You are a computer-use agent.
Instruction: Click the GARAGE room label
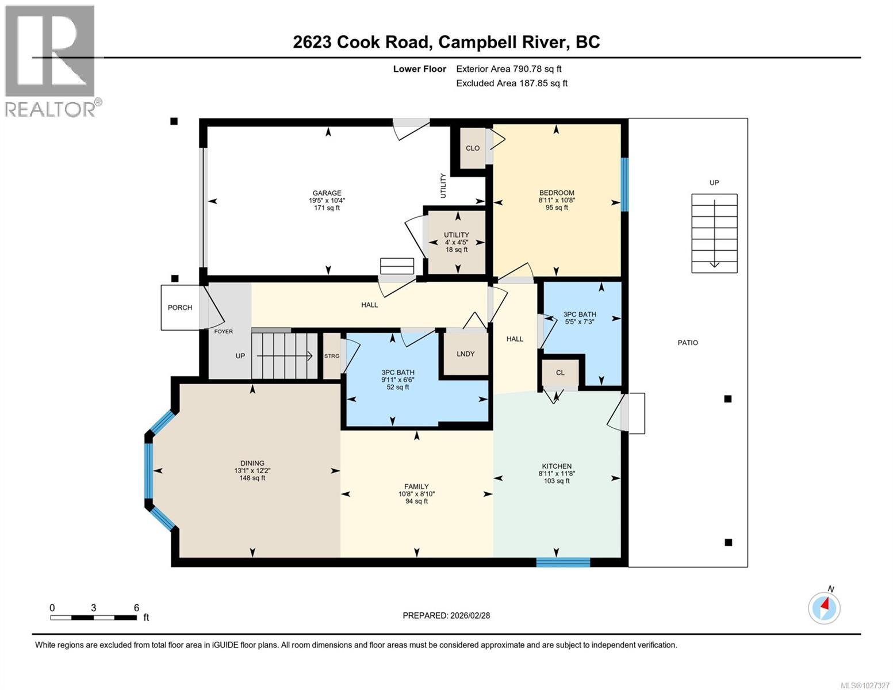(327, 193)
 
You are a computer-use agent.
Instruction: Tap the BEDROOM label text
(556, 193)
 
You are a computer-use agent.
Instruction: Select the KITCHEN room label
(556, 466)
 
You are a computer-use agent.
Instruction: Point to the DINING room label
(252, 463)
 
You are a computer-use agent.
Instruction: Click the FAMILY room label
(416, 486)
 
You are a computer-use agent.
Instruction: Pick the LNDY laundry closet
(465, 354)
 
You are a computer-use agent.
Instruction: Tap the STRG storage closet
(332, 356)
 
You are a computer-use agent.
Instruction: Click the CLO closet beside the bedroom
(472, 148)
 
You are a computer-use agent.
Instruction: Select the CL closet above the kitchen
(560, 373)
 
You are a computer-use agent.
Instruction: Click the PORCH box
(179, 308)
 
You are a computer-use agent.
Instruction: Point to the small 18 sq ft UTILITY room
(457, 241)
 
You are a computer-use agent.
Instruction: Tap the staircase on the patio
(714, 233)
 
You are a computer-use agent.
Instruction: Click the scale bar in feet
(93, 618)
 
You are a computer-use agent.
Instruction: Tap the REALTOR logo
(51, 60)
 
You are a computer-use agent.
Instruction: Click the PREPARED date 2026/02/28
(446, 615)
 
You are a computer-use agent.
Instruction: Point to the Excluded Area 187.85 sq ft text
(512, 83)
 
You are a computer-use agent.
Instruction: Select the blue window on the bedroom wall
(624, 185)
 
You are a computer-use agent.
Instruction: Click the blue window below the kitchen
(563, 562)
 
